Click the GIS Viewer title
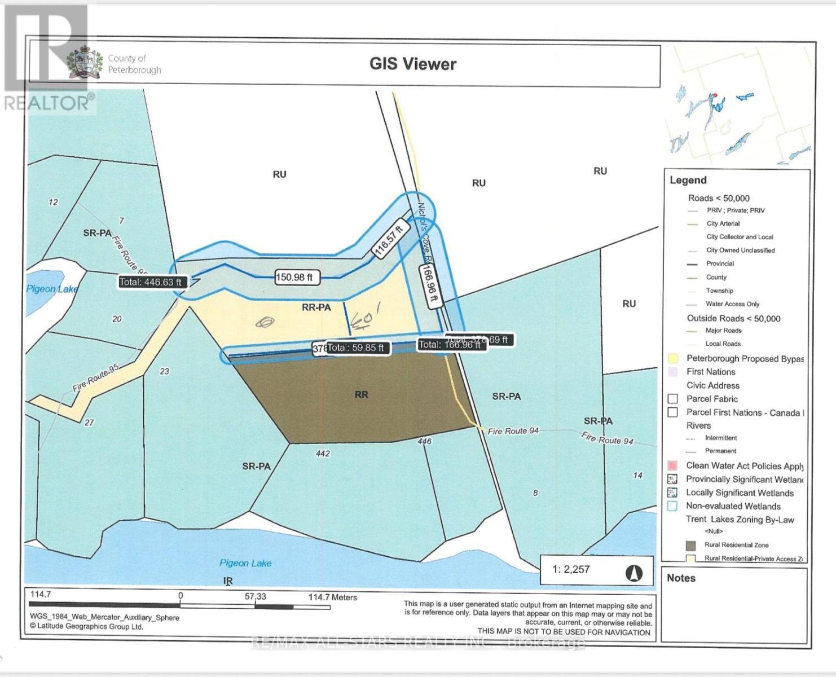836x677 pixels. tap(412, 64)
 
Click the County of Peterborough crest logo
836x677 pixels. tap(85, 63)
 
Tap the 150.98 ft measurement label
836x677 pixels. tap(297, 277)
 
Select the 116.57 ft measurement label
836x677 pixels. tap(390, 239)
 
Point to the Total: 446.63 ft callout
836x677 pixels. tap(151, 282)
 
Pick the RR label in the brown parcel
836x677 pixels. tap(361, 394)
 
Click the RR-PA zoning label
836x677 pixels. tap(316, 307)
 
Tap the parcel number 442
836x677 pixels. tap(323, 454)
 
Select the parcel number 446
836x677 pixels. tap(424, 441)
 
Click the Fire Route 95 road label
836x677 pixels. tap(95, 378)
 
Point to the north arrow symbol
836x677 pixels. tap(634, 573)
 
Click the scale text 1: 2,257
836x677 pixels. tap(571, 569)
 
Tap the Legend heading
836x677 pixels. tap(688, 180)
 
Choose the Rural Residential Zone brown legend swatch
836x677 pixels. tap(690, 546)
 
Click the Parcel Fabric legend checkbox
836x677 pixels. tap(672, 399)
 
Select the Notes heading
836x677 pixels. tap(681, 578)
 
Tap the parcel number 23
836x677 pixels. tap(164, 371)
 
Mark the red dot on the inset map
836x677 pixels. tap(714, 95)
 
